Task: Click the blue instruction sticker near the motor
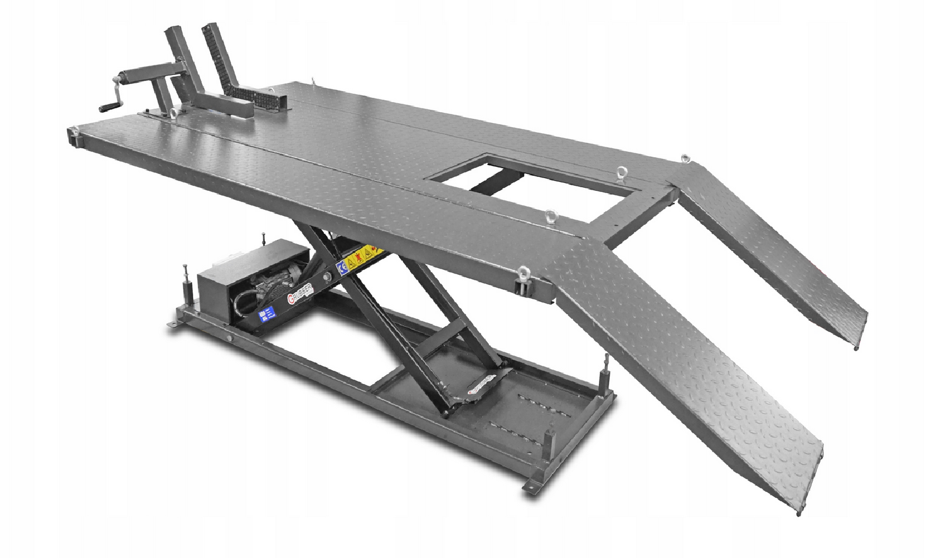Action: (x=265, y=315)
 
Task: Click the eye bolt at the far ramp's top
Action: (x=685, y=159)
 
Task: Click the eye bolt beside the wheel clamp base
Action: (x=173, y=113)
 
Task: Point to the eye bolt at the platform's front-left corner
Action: (x=73, y=131)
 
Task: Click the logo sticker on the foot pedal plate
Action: (x=481, y=385)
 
